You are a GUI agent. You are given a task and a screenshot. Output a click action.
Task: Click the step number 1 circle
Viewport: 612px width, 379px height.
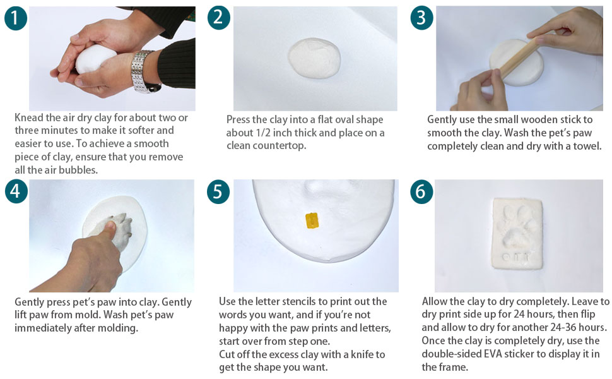click(16, 18)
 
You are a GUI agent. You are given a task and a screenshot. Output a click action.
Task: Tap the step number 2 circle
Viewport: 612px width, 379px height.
click(218, 18)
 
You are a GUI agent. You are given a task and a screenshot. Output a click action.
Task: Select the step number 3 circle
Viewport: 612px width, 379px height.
click(421, 18)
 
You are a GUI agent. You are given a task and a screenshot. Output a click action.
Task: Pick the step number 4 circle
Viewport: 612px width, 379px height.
click(16, 191)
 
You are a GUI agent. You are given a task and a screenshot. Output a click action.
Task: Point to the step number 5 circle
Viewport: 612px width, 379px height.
click(218, 192)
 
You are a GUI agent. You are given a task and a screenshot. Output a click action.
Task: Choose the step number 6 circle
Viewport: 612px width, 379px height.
click(421, 192)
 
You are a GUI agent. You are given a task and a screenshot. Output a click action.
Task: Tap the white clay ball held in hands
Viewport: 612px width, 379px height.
click(93, 59)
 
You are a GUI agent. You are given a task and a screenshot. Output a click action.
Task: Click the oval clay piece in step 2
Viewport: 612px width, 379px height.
click(315, 58)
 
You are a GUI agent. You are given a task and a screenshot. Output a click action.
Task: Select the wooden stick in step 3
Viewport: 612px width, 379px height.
click(520, 58)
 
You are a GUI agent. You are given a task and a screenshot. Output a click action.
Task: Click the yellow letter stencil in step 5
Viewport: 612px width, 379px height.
click(312, 220)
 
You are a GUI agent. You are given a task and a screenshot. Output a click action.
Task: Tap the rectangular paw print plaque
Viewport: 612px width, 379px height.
click(517, 234)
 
